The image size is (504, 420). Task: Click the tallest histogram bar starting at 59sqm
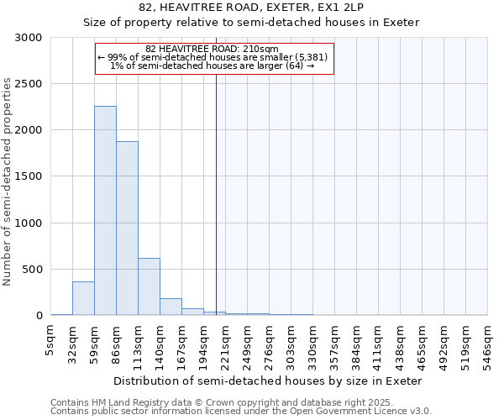pos(105,210)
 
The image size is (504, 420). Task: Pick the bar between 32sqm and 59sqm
pos(83,298)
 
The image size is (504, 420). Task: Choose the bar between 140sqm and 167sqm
pos(171,307)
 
